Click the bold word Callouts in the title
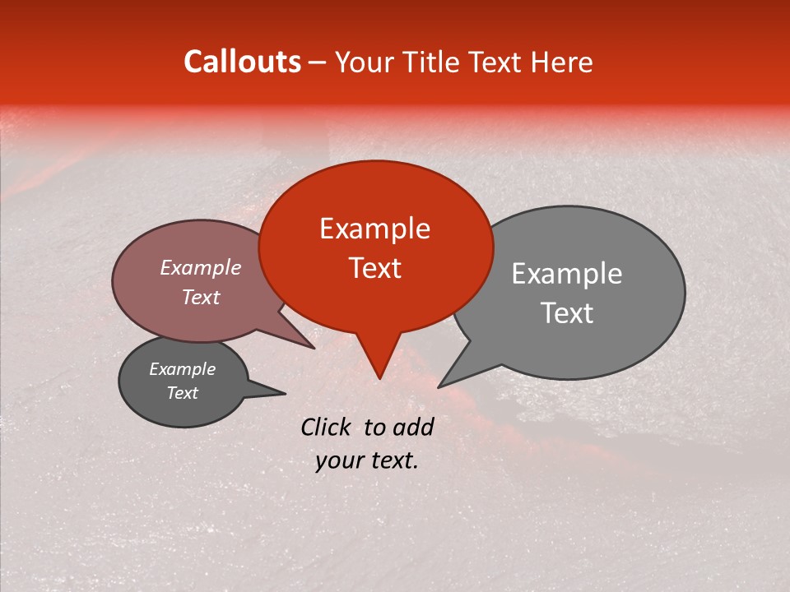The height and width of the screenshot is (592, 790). coord(242,62)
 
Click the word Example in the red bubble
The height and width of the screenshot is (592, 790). coord(374,229)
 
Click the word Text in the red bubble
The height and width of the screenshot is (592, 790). coord(374,268)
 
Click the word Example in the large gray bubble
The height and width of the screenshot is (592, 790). coord(566,274)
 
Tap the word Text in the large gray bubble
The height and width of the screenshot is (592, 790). coord(567,313)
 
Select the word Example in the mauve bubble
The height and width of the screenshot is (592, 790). coord(200,267)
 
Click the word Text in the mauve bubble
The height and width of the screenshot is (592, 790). coord(200,297)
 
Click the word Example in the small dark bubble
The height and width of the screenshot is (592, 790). coord(182,369)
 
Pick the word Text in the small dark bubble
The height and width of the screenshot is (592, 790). coord(182,393)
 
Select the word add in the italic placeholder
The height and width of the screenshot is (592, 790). coord(412,427)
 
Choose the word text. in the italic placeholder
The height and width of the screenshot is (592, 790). coord(393,460)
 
